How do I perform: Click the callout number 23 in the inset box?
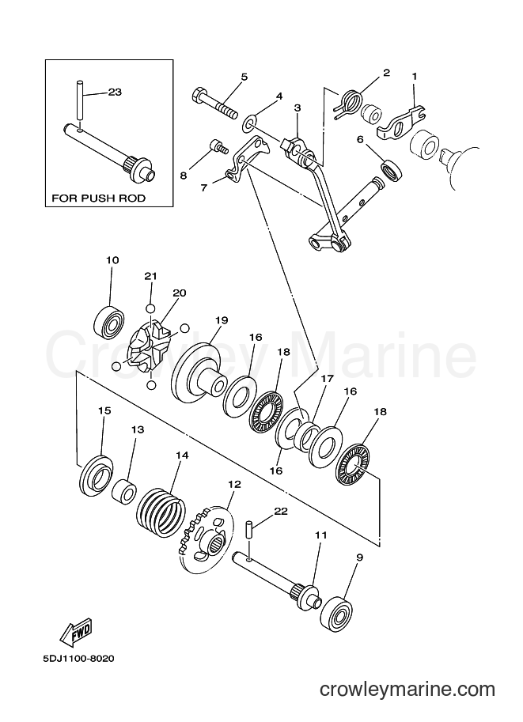click(115, 92)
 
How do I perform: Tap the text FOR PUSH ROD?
click(99, 198)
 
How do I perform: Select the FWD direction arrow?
click(77, 631)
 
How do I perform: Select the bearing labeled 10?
click(110, 321)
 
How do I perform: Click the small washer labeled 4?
click(250, 123)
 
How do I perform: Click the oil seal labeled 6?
click(391, 169)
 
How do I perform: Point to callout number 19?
click(222, 320)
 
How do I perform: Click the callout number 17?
click(327, 379)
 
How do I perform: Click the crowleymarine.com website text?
click(407, 690)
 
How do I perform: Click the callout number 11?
click(320, 535)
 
